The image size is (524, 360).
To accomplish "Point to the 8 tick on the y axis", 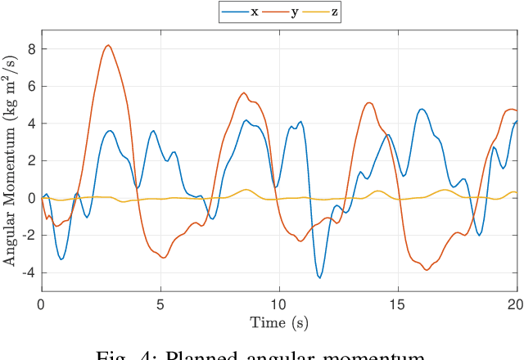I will (30, 49).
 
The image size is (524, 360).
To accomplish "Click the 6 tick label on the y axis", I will (30, 87).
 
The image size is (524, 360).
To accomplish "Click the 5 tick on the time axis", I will (160, 303).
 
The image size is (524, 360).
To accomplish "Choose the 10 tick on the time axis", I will (279, 303).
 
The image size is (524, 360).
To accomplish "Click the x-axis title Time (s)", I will (278, 322).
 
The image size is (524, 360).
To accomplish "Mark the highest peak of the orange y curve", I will (108, 45).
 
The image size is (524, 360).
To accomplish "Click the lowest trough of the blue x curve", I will (320, 278).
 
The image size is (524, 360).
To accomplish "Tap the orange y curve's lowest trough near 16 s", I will (427, 270).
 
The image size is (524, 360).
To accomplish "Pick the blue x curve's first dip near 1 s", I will (61, 259).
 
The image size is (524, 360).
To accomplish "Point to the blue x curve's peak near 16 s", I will (422, 109).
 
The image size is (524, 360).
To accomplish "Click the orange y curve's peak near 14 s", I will (369, 102).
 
